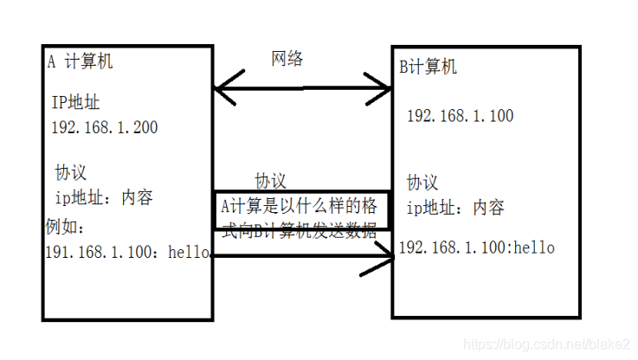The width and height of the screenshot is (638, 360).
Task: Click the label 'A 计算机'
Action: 80,62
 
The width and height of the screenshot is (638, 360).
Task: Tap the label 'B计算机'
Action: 428,67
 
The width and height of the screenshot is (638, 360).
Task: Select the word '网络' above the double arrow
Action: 287,59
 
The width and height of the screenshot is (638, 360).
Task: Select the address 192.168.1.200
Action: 105,127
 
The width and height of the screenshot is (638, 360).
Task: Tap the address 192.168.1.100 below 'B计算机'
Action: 460,116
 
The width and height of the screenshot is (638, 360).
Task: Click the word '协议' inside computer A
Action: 71,172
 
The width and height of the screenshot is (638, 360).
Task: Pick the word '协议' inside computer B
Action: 423,183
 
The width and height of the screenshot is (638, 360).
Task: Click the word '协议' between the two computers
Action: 270,181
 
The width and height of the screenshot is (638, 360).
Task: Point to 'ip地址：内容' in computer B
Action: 455,208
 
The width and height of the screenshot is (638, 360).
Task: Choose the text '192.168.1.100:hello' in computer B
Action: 476,248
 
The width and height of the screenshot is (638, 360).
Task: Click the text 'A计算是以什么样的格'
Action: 299,207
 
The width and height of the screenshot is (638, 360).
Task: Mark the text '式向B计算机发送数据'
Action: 300,230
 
